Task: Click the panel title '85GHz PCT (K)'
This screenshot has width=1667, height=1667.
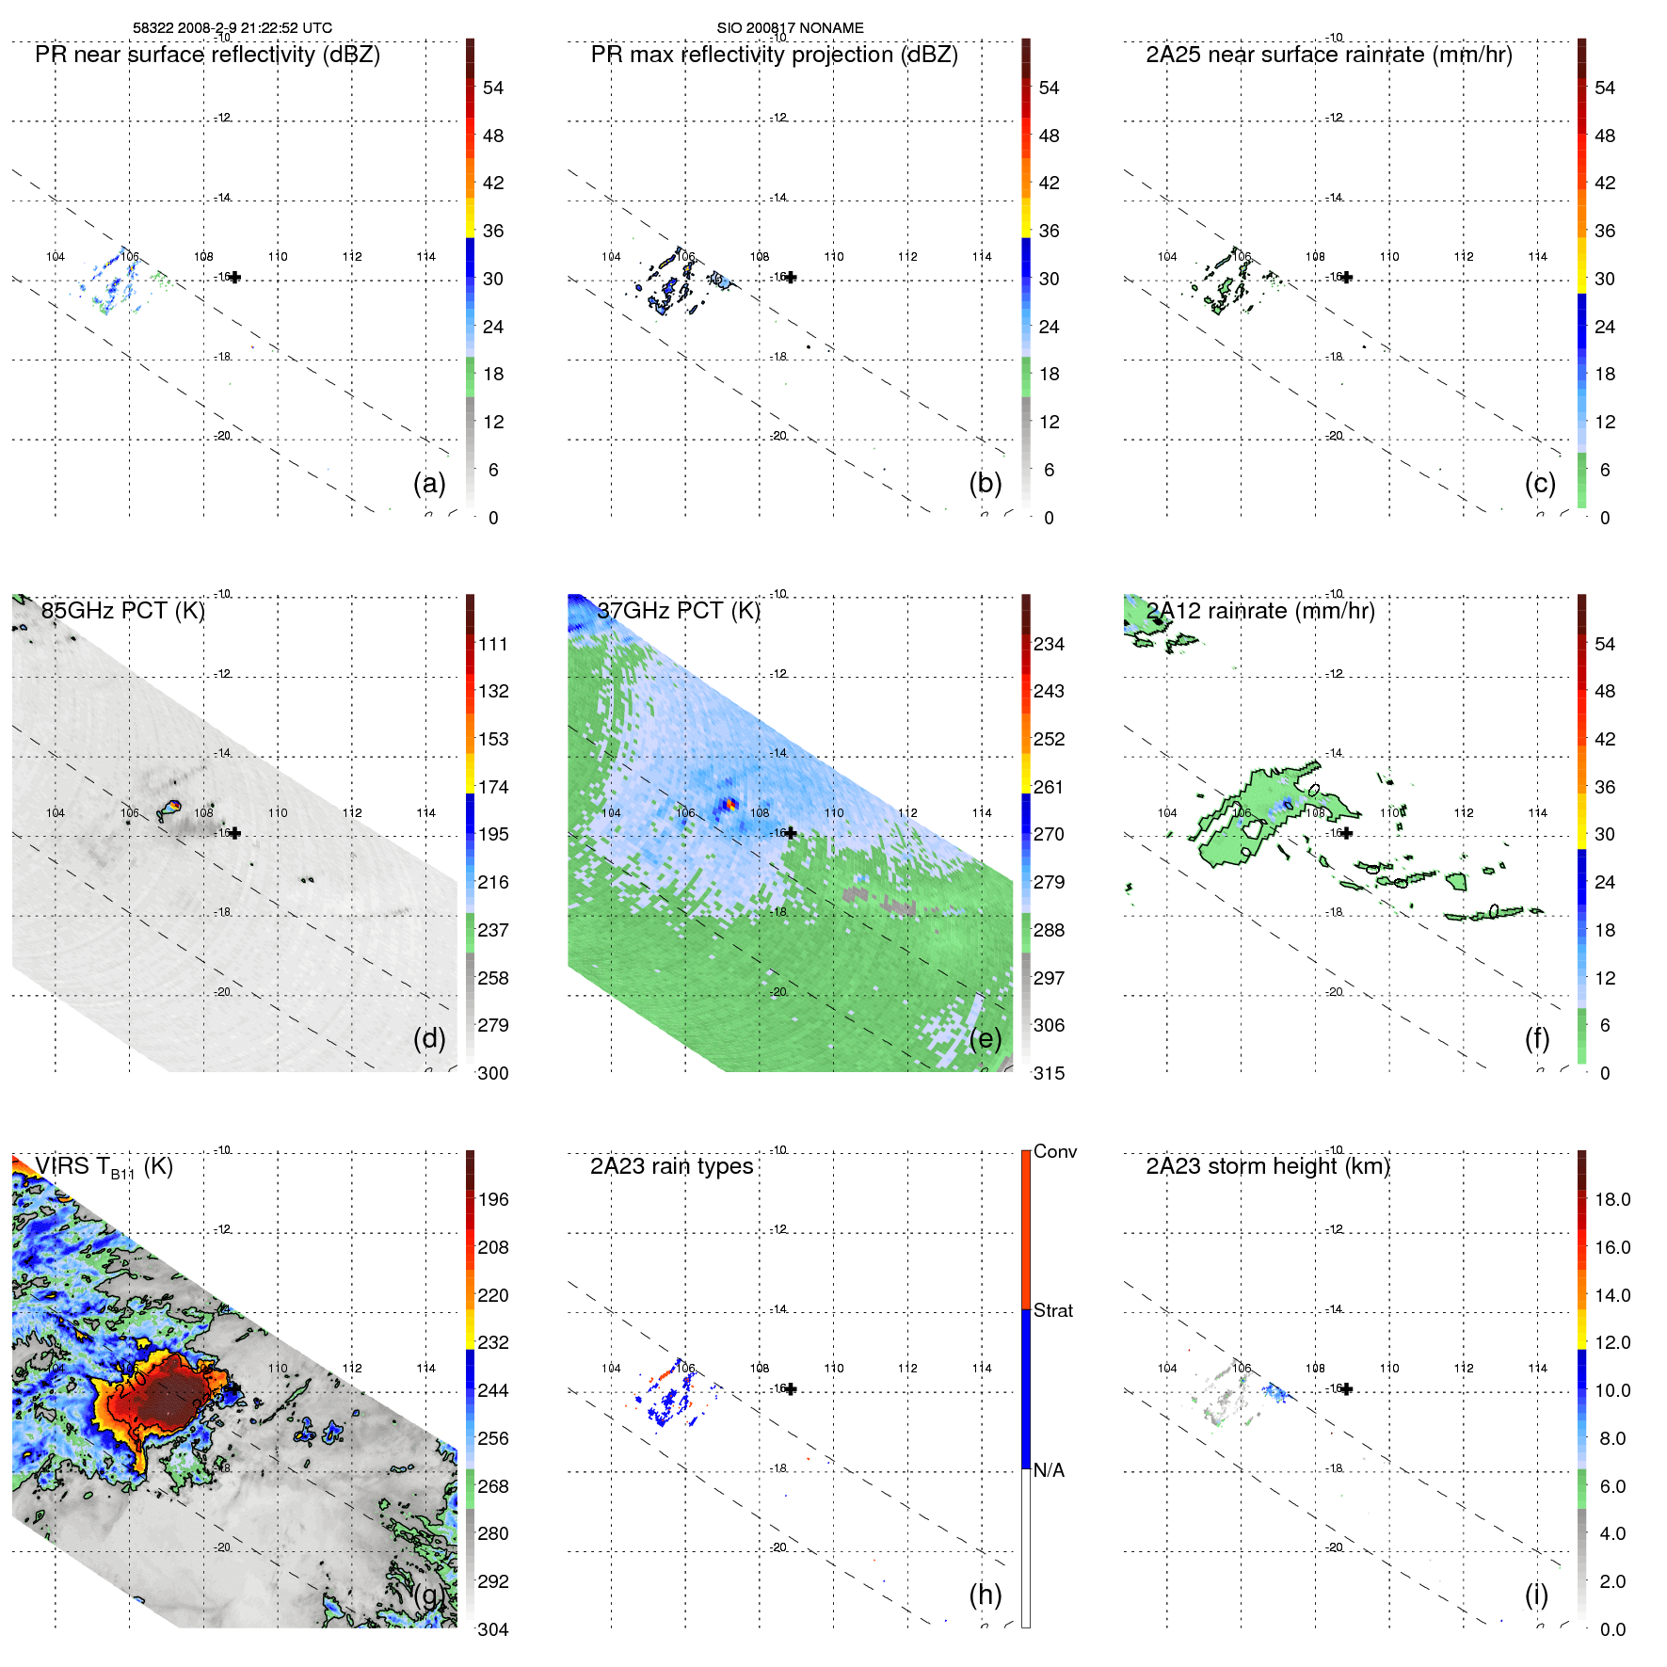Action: [x=122, y=610]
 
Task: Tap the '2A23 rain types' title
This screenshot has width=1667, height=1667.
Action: [x=671, y=1166]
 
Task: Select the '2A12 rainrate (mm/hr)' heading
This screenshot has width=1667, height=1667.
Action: [x=1260, y=610]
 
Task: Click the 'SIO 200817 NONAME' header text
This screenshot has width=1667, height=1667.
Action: [x=790, y=28]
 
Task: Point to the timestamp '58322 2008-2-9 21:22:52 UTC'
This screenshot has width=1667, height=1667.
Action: [x=232, y=28]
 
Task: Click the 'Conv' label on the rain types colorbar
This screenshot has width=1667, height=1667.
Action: [x=1054, y=1151]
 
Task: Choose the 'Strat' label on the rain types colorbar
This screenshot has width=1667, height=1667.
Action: [x=1052, y=1310]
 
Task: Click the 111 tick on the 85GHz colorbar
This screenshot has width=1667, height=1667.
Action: [x=493, y=644]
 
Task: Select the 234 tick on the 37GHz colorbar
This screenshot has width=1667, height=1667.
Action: [x=1049, y=644]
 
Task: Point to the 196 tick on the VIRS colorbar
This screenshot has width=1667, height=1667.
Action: [x=493, y=1199]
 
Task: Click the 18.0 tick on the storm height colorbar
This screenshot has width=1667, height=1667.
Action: [x=1612, y=1199]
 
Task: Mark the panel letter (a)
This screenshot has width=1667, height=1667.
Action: [x=429, y=483]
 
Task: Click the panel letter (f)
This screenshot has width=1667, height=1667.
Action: [x=1537, y=1038]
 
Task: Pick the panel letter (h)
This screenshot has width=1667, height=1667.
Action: [x=985, y=1594]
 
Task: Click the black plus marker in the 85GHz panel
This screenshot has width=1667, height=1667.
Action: [x=235, y=833]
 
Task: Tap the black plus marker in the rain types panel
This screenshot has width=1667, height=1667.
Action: [x=791, y=1388]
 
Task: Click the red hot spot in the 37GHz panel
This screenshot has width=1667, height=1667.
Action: [x=729, y=804]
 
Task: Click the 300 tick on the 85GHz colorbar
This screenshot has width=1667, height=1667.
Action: [x=493, y=1073]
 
